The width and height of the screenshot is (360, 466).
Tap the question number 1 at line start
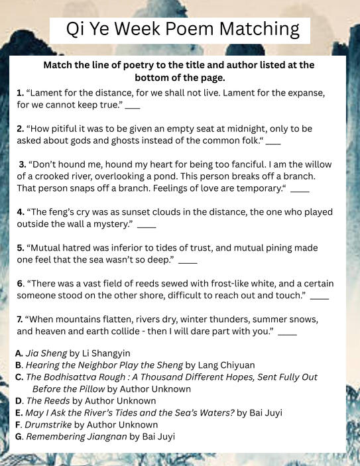(x=20, y=93)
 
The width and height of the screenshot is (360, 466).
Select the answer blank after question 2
(x=273, y=143)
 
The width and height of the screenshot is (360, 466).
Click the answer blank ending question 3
(x=300, y=190)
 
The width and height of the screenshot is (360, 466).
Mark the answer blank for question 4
(x=146, y=226)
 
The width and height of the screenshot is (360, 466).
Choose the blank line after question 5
(x=188, y=261)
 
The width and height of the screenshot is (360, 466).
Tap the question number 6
(x=20, y=284)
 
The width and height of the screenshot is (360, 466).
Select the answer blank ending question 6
(x=319, y=296)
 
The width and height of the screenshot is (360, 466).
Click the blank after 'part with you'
(x=287, y=332)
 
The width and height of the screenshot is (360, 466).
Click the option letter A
(x=19, y=353)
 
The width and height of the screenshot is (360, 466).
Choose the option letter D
(x=19, y=401)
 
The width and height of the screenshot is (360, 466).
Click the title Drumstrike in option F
(x=48, y=425)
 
